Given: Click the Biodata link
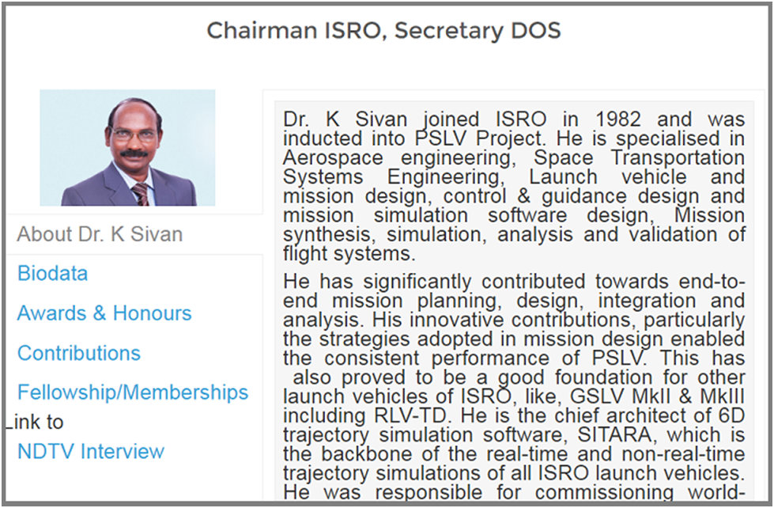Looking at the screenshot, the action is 52,273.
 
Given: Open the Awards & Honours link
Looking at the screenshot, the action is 104,313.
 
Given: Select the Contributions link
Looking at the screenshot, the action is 79,354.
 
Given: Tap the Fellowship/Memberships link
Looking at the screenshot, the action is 133,392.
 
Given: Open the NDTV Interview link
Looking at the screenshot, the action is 91,451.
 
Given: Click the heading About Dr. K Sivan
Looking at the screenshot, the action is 100,234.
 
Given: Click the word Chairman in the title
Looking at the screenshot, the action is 262,30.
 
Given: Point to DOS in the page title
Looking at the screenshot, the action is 535,30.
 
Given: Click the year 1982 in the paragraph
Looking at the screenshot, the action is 618,119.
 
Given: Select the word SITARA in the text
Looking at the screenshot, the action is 614,435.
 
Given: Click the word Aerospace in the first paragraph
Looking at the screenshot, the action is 333,158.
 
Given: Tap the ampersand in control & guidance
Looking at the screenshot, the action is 523,197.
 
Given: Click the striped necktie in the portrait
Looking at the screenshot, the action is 141,194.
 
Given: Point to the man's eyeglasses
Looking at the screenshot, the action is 134,134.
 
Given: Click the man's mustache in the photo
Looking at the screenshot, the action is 134,154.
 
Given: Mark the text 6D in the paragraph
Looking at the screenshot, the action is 731,415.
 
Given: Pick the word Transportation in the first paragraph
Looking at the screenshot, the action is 678,158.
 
